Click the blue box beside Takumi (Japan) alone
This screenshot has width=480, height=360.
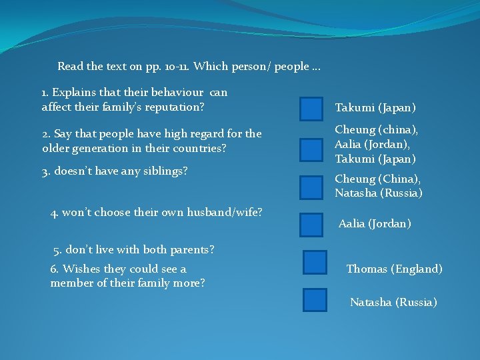pyautogui.click(x=311, y=109)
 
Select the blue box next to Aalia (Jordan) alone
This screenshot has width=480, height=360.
pyautogui.click(x=311, y=225)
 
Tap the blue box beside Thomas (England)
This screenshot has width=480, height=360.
pyautogui.click(x=315, y=263)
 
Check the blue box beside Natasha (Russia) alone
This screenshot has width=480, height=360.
pyautogui.click(x=315, y=300)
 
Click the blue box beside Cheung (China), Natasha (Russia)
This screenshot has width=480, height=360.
pyautogui.click(x=311, y=187)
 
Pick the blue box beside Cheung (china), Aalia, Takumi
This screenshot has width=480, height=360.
pyautogui.click(x=311, y=150)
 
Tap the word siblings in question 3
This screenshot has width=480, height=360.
pyautogui.click(x=163, y=171)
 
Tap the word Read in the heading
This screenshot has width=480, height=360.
pyautogui.click(x=70, y=67)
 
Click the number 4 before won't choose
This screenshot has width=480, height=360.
pyautogui.click(x=55, y=213)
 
